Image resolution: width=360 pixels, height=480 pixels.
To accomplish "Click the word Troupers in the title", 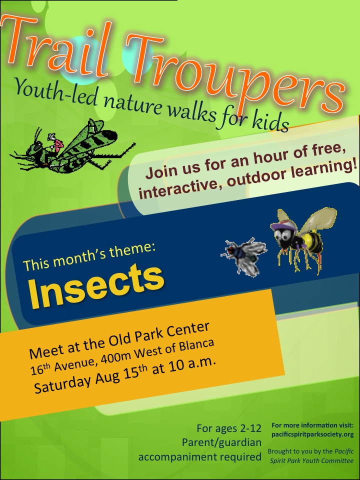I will tap(240, 75).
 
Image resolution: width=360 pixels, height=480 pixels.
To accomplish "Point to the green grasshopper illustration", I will tap(70, 147).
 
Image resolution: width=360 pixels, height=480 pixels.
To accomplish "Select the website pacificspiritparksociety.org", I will tap(312, 434).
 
